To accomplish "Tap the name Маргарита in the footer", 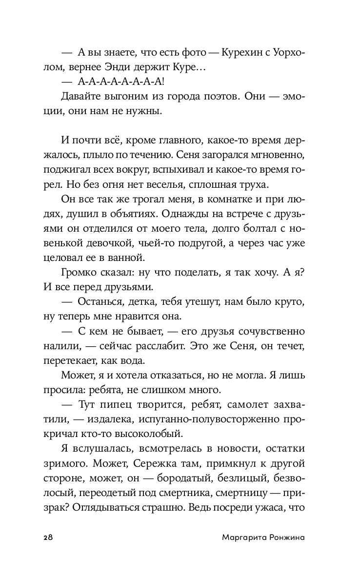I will click(236, 537).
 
